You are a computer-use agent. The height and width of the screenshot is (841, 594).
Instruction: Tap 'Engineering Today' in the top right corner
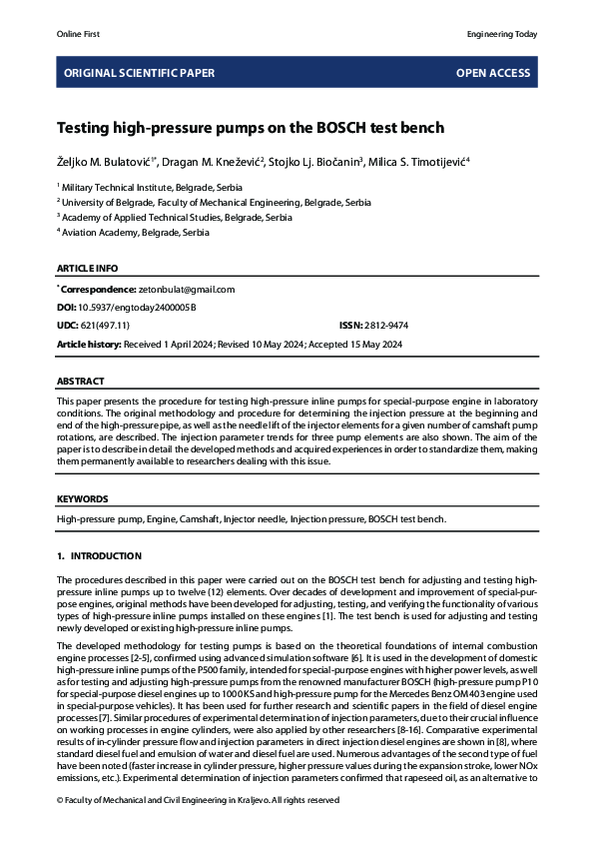point(502,34)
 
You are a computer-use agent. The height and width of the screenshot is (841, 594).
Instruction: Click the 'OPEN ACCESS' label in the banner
point(493,73)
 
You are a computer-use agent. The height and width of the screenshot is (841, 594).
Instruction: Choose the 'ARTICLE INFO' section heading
point(87,268)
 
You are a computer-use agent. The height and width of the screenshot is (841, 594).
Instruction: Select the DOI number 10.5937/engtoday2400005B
point(139,308)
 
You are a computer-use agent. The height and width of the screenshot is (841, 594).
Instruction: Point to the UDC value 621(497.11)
point(105,326)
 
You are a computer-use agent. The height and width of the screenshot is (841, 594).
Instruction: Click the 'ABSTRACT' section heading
point(81,382)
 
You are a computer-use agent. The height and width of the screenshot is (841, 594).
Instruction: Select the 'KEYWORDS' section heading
point(83,498)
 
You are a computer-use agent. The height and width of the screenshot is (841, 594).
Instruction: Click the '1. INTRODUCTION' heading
point(99,555)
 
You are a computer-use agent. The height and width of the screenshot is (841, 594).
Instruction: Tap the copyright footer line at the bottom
point(198,800)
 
